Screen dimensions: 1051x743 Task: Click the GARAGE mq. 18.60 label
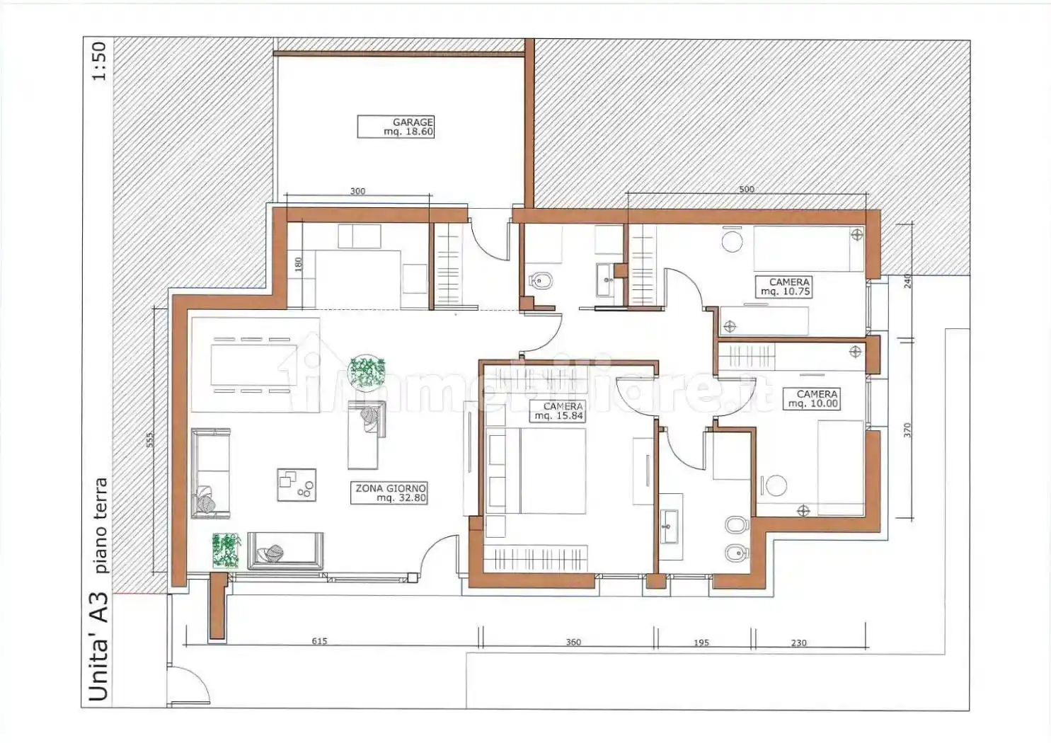point(396,127)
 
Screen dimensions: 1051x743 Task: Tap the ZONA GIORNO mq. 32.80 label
point(389,493)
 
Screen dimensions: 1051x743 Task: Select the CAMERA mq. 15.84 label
point(558,411)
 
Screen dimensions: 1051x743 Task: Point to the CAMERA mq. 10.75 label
point(783,287)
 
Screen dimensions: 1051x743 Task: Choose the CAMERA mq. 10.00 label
point(811,398)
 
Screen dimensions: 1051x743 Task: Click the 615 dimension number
point(319,641)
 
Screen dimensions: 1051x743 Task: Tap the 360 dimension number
point(573,642)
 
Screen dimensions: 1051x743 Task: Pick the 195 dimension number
point(701,643)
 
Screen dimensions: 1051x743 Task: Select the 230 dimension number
point(798,643)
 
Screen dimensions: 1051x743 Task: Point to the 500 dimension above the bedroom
point(747,190)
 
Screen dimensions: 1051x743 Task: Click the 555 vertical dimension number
point(149,439)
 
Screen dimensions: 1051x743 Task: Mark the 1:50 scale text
point(100,62)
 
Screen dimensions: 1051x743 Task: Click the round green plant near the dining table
point(367,372)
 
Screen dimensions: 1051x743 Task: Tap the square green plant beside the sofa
point(226,551)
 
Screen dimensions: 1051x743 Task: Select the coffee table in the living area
point(296,485)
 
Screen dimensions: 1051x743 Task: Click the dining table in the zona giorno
point(254,365)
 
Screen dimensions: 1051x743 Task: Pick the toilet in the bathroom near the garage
point(541,282)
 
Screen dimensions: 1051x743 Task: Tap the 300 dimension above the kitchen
point(357,191)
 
